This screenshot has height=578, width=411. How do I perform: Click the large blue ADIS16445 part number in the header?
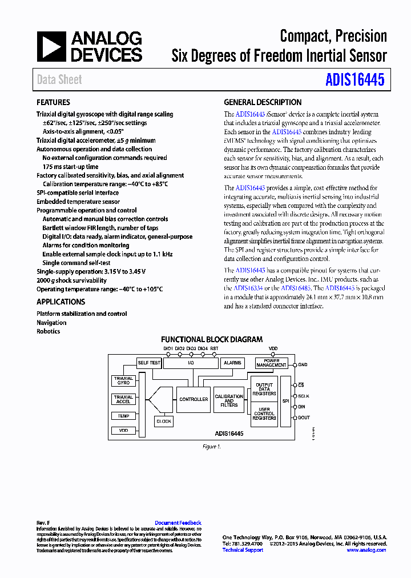pyautogui.click(x=354, y=79)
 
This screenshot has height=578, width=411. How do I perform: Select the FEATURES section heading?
pyautogui.click(x=53, y=102)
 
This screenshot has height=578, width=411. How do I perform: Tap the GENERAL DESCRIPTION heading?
pyautogui.click(x=263, y=102)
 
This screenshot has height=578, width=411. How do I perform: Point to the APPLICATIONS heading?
pyautogui.click(x=61, y=302)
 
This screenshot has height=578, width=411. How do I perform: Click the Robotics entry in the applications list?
pyautogui.click(x=48, y=331)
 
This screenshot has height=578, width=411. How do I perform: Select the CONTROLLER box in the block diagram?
pyautogui.click(x=194, y=399)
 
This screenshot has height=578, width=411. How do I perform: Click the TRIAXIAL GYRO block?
pyautogui.click(x=123, y=381)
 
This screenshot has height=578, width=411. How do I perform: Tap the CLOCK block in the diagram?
pyautogui.click(x=164, y=421)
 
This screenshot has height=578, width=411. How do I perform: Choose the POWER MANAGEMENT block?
pyautogui.click(x=271, y=363)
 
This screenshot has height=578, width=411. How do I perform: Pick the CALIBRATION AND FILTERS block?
pyautogui.click(x=229, y=400)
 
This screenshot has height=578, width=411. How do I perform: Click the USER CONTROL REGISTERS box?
pyautogui.click(x=264, y=414)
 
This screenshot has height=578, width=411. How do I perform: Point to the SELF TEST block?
pyautogui.click(x=149, y=363)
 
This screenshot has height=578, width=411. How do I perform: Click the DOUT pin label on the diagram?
pyautogui.click(x=304, y=418)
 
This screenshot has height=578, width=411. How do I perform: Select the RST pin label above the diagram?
pyautogui.click(x=214, y=348)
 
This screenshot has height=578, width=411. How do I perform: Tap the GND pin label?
pyautogui.click(x=303, y=364)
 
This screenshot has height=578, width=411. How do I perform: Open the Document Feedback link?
pyautogui.click(x=178, y=523)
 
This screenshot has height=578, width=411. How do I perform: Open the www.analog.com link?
pyautogui.click(x=366, y=550)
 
